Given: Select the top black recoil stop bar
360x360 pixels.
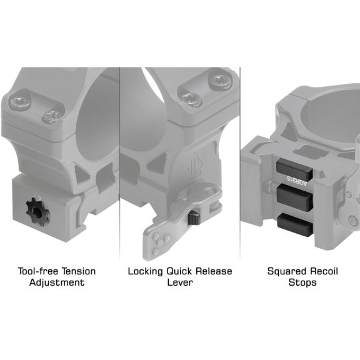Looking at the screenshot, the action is click(294, 169).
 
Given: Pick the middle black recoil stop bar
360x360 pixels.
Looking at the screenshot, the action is click(295, 198).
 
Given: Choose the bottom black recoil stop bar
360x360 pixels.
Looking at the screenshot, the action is click(295, 225).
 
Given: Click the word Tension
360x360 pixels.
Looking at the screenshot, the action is click(79, 271).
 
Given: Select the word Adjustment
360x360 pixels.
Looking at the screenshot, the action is click(57, 282).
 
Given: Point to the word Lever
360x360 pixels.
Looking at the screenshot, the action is click(180, 282).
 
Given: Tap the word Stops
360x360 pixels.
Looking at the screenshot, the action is click(302, 282).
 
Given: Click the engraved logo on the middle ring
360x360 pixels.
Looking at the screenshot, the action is click(194, 166).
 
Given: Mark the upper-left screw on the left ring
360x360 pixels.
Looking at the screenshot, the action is click(20, 102).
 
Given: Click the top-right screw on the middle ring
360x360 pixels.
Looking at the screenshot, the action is click(221, 81).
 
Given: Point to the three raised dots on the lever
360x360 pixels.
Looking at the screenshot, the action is click(160, 243).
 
